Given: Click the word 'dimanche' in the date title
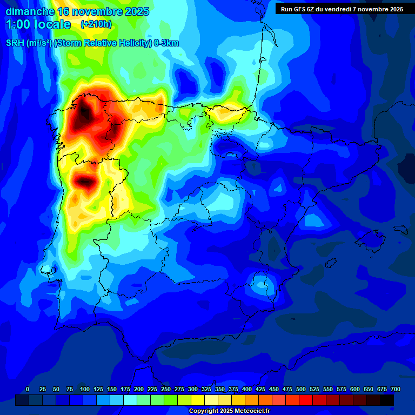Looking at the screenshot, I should [x=30, y=11].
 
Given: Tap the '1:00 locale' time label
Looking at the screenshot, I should [x=38, y=24].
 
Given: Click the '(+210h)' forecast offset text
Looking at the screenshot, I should [x=96, y=24].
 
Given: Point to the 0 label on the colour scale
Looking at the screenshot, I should [x=28, y=389].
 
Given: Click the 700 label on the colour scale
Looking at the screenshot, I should [x=395, y=389].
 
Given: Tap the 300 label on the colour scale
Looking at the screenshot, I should [x=193, y=389].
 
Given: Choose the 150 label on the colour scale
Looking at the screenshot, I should [x=112, y=389].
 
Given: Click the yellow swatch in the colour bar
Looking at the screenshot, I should [x=198, y=400].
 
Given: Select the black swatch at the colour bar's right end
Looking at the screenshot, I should [x=387, y=400].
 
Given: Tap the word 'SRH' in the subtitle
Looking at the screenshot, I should [x=15, y=43].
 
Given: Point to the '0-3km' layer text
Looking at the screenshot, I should [x=166, y=43].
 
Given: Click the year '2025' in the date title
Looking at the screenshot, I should [x=137, y=11].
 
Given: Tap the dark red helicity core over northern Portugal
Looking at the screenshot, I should [x=84, y=182].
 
